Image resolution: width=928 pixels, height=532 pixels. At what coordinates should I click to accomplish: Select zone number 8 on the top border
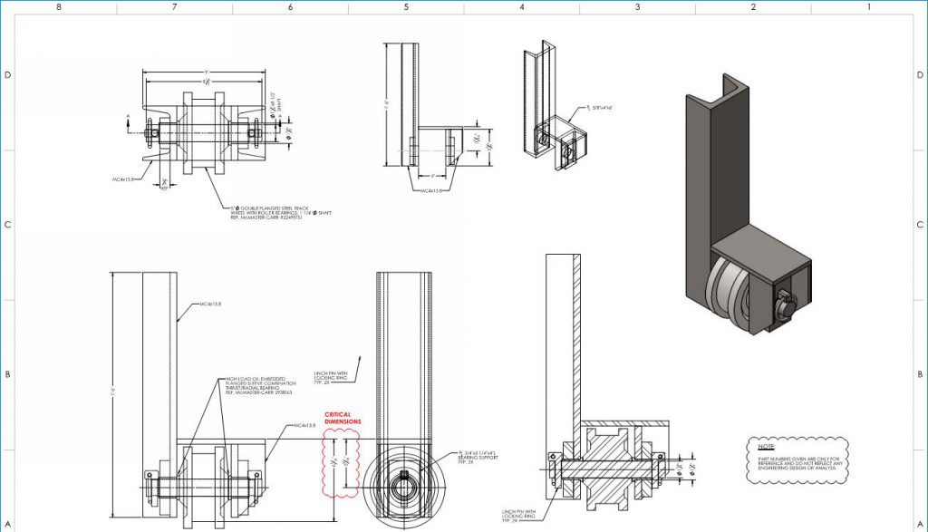pos(59,6)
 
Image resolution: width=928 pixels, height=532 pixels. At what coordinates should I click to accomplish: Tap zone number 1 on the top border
pos(868,6)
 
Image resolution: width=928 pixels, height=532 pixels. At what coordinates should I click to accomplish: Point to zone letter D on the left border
pos(7,75)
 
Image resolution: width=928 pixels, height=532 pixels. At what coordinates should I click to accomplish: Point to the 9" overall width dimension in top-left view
pos(206,73)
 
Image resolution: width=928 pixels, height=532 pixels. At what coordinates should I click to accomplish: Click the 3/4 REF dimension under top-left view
pos(164,185)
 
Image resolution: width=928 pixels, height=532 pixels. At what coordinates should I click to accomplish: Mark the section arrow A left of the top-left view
pos(129,117)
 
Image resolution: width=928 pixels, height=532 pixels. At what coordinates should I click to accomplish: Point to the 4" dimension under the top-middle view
pos(434,175)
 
